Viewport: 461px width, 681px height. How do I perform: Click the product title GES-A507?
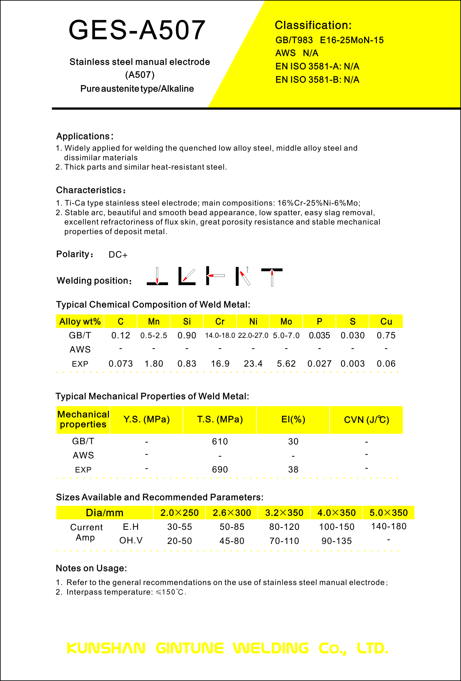(x=137, y=30)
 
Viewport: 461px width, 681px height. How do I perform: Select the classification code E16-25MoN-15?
(x=352, y=40)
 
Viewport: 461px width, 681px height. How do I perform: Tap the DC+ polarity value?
(x=118, y=255)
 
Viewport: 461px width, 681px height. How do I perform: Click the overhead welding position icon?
(x=272, y=277)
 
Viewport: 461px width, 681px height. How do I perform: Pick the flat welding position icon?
(x=157, y=276)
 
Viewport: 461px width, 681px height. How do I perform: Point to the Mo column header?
(x=286, y=322)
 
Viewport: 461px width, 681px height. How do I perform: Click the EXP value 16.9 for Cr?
(x=220, y=364)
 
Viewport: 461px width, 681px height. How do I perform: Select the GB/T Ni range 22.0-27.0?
(x=253, y=335)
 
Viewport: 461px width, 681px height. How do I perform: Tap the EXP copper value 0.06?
(x=386, y=364)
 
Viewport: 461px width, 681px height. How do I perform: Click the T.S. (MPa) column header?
(x=220, y=419)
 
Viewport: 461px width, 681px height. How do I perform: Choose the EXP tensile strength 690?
(x=220, y=470)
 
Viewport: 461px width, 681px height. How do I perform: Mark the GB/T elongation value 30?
(x=293, y=441)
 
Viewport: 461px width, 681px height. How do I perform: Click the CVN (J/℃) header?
(x=366, y=420)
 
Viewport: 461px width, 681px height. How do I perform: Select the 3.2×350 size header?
(x=284, y=512)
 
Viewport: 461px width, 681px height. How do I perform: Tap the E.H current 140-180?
(x=388, y=526)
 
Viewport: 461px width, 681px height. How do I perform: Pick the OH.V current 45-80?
(x=232, y=541)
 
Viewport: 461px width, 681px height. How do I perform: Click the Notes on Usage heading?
(x=91, y=568)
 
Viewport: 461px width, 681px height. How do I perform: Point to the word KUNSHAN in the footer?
(x=106, y=648)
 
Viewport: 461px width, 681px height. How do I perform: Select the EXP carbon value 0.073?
(x=121, y=364)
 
